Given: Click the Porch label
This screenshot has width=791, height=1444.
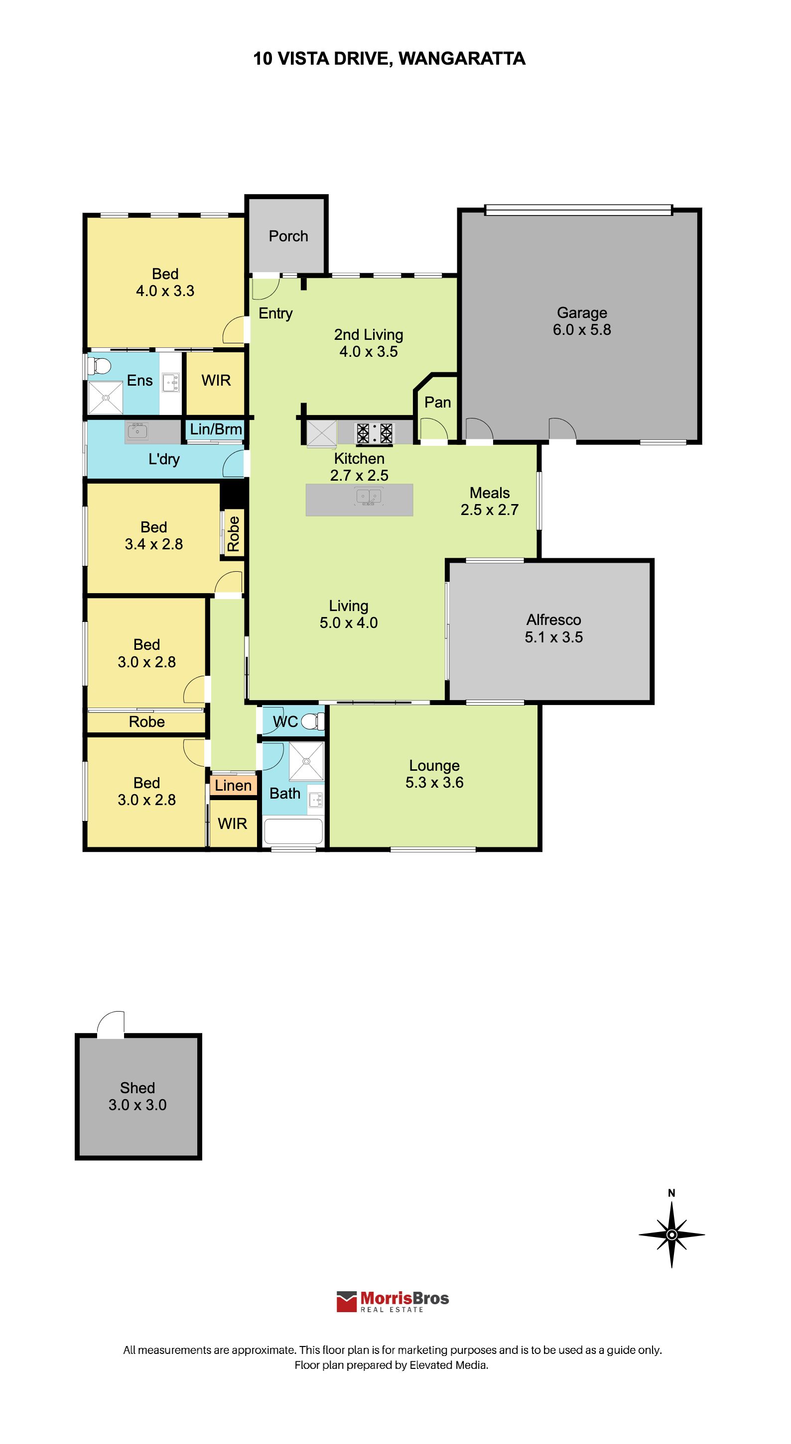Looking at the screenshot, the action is (x=288, y=236).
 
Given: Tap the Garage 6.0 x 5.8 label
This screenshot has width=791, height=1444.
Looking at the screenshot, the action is (x=582, y=321).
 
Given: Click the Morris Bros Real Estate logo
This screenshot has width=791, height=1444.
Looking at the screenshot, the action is (x=393, y=1301).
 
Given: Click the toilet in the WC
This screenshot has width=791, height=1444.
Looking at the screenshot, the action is (x=313, y=722).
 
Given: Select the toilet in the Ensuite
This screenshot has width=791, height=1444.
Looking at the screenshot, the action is (x=99, y=366).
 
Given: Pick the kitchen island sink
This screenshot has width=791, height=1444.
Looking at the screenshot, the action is (x=369, y=497).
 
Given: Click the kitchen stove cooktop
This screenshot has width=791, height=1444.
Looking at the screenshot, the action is (x=374, y=433).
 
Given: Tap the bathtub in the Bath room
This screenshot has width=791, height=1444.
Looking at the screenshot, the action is (x=293, y=831).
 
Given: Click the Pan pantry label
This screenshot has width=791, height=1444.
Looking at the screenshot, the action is (x=437, y=403).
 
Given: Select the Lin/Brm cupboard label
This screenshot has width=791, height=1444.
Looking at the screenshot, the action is (x=216, y=429).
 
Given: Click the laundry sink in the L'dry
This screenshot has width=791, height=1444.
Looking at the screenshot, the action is (x=137, y=431).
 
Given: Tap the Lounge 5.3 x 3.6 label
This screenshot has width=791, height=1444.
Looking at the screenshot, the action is (x=434, y=774).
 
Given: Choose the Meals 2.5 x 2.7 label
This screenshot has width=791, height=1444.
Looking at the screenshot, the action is (x=489, y=501).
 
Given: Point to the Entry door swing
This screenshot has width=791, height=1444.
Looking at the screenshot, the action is (x=265, y=289).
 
